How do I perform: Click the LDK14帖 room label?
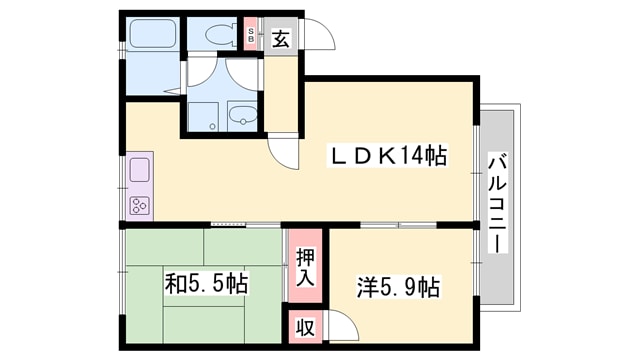click(x=388, y=157)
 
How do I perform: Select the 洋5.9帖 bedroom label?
click(x=397, y=288)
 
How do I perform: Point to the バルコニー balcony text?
click(x=496, y=205)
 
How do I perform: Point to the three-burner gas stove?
click(x=139, y=205)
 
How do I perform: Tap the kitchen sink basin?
click(x=139, y=168)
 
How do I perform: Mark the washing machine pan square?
click(x=204, y=115)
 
